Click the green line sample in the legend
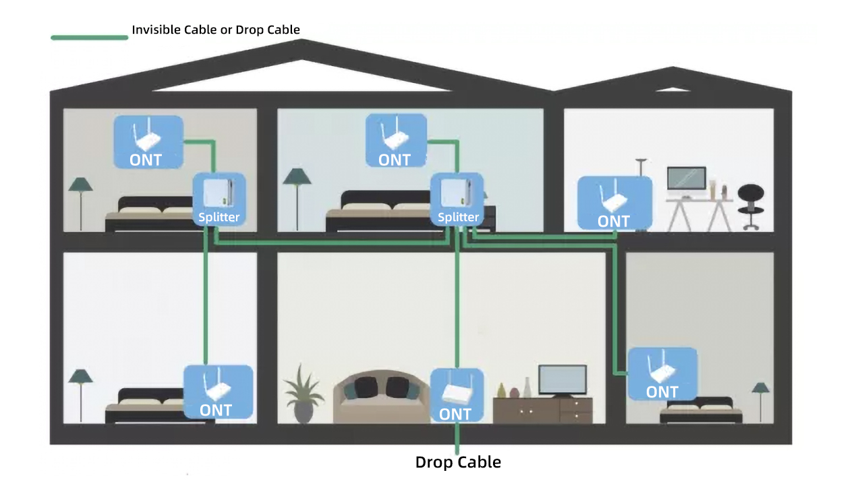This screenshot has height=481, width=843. [89, 37]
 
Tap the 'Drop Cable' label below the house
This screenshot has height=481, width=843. [458, 462]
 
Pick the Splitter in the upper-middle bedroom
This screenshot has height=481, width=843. [458, 199]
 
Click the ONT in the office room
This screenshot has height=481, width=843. [614, 203]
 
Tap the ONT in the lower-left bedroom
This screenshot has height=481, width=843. [218, 392]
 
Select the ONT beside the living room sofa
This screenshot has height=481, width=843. [457, 395]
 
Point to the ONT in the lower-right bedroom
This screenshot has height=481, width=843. [662, 373]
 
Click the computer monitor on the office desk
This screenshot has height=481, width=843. [687, 180]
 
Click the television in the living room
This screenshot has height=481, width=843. [562, 380]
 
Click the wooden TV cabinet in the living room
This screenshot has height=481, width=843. [543, 410]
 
